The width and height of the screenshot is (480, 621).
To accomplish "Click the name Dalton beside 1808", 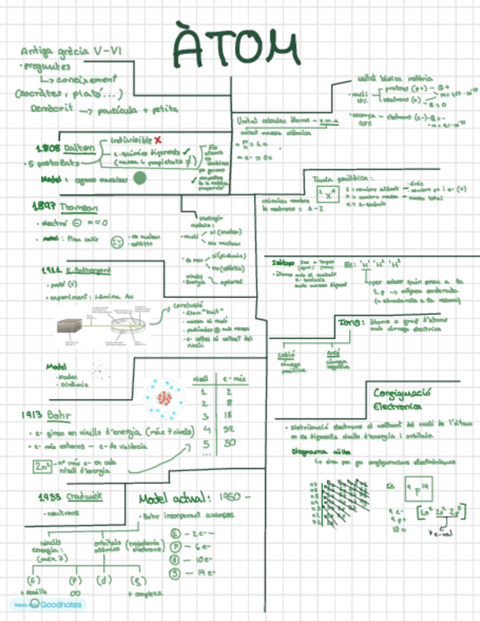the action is pos(80,148).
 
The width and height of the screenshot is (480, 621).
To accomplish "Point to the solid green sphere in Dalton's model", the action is pos(140,178).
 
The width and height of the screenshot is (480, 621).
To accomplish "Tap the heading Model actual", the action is pos(176,499).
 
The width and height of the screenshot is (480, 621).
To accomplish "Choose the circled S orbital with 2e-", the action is pos(174,533).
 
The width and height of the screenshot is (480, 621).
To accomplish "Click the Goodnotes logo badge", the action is pos(48,605).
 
